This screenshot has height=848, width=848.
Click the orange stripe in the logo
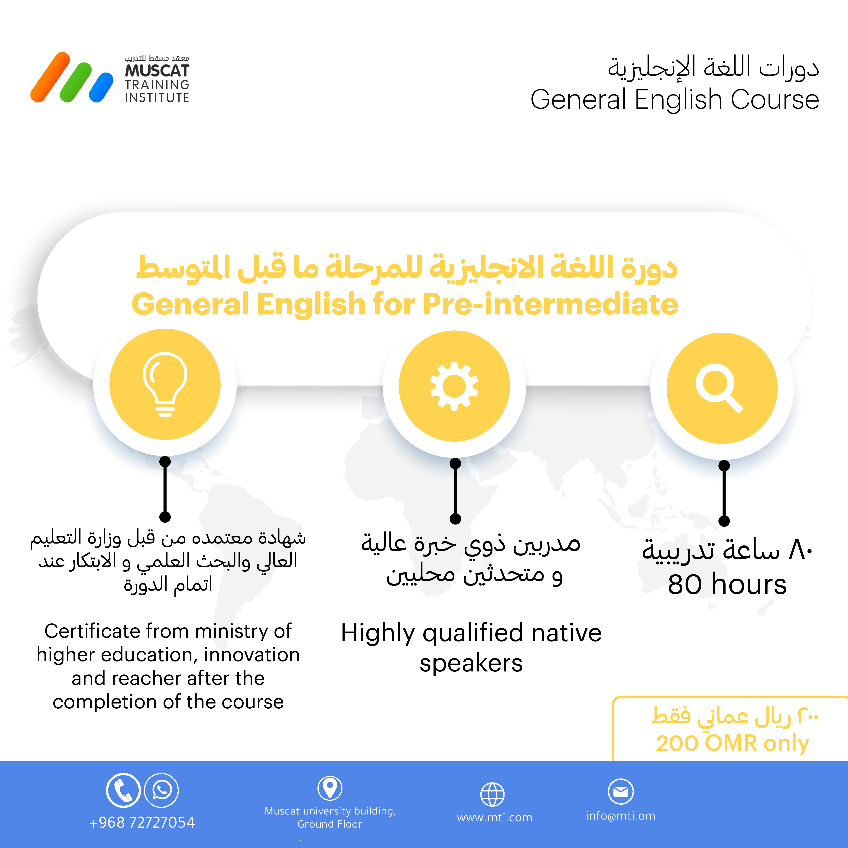coord(50,77)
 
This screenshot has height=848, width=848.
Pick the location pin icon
coord(330,788)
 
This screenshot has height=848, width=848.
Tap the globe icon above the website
coord(492,794)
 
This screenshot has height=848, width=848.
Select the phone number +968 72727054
coord(142,823)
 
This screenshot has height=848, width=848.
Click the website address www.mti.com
coord(495,818)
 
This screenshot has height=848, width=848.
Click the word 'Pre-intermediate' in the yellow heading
coord(550,304)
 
